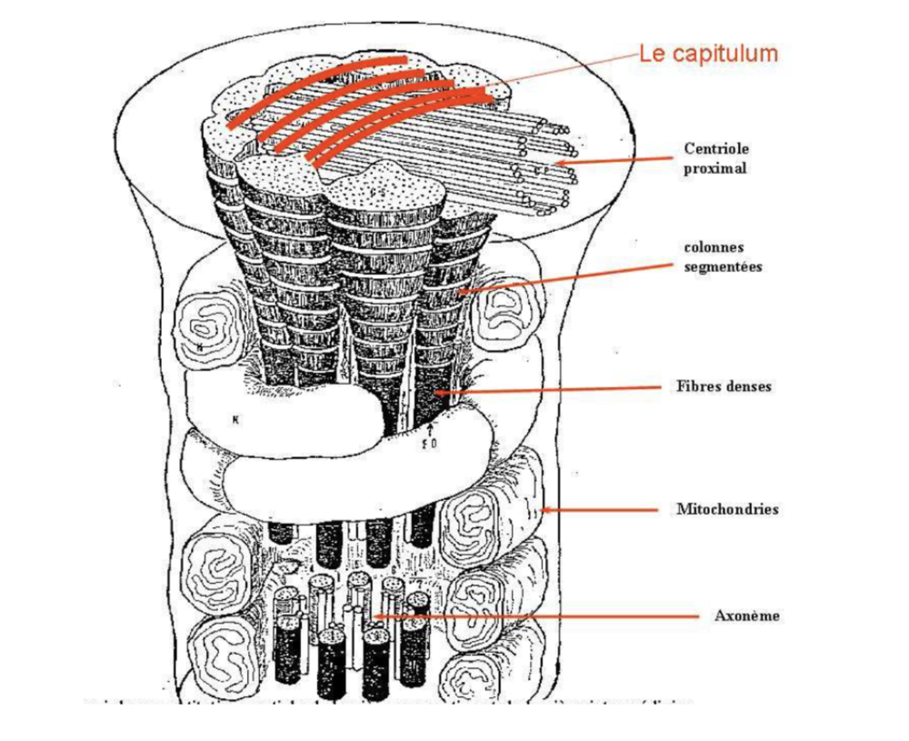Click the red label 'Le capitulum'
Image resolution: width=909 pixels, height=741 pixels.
point(708,54)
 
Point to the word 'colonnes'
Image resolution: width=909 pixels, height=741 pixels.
point(713,247)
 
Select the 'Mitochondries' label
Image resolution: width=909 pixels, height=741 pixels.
point(727,509)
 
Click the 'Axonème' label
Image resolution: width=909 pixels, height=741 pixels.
point(746,616)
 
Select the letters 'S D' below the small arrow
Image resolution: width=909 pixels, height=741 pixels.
point(432,443)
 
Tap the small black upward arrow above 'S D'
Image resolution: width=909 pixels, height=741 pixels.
point(432,426)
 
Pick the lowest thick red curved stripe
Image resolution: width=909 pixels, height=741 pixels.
point(400,123)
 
